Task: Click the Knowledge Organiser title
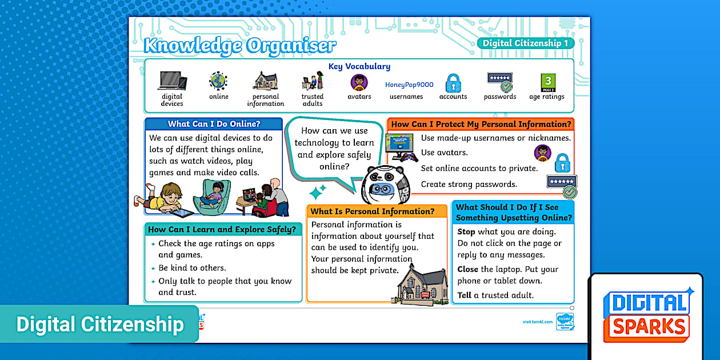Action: click(240, 45)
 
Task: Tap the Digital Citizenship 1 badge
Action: click(525, 43)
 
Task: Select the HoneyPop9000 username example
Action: click(409, 85)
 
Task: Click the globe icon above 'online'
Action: click(218, 81)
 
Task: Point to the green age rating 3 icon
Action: click(548, 82)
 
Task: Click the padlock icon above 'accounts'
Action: click(453, 82)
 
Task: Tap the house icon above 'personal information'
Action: click(265, 81)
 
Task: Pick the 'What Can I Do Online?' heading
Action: click(214, 124)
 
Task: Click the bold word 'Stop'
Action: click(466, 232)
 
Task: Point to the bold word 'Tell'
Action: click(464, 295)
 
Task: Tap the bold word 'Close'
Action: click(467, 269)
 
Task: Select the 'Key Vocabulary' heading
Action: click(359, 66)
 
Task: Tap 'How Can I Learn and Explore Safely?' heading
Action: click(222, 230)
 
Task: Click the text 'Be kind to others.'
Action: click(192, 268)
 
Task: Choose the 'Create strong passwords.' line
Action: click(469, 184)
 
